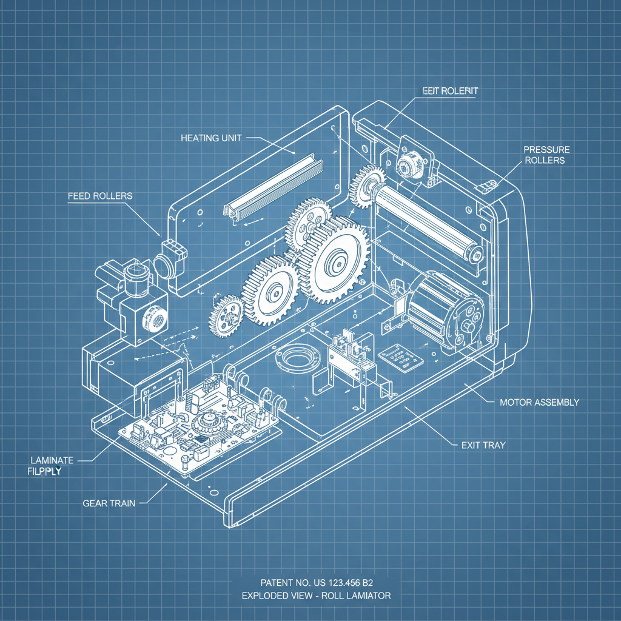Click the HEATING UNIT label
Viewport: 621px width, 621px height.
point(211,138)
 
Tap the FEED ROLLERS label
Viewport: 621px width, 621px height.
point(100,196)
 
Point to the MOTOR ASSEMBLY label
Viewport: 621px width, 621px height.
point(539,402)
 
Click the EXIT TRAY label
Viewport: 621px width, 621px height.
point(479,445)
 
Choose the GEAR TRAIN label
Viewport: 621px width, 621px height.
point(109,503)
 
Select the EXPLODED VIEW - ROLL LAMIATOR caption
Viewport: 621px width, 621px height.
point(316,596)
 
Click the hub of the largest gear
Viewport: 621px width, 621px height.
point(335,262)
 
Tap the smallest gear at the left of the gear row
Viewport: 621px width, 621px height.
point(226,315)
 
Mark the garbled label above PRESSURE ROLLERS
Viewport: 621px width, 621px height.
point(450,90)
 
